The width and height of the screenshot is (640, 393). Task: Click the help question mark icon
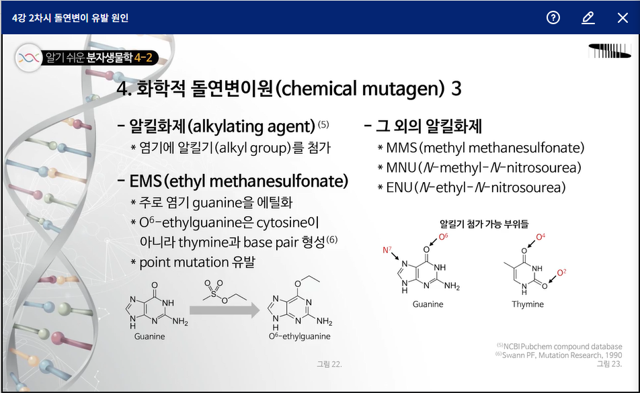click(x=553, y=17)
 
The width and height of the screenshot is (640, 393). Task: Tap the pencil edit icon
click(x=588, y=17)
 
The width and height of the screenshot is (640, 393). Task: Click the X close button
click(x=623, y=17)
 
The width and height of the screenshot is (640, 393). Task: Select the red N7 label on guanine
click(x=387, y=249)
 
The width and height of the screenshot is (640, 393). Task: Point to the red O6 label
click(x=443, y=236)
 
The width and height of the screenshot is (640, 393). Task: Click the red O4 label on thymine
click(x=541, y=236)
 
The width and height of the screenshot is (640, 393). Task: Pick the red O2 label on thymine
click(x=561, y=272)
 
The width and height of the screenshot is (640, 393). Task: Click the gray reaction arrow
click(x=225, y=310)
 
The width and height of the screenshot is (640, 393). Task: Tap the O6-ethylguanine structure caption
click(x=300, y=337)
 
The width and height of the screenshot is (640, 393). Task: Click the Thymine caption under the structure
click(x=528, y=304)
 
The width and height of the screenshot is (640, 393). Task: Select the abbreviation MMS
click(x=401, y=148)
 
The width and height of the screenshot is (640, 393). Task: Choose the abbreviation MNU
click(x=401, y=167)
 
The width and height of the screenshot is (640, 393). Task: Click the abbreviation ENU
click(x=399, y=187)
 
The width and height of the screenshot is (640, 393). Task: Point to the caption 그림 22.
click(x=329, y=364)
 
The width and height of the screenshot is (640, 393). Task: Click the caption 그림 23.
click(x=609, y=363)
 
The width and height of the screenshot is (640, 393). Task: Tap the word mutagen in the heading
click(x=403, y=89)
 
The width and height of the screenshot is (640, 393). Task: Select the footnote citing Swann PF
click(x=559, y=355)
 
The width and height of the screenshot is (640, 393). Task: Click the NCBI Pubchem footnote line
click(x=559, y=347)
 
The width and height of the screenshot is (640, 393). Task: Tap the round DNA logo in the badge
click(x=29, y=58)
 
